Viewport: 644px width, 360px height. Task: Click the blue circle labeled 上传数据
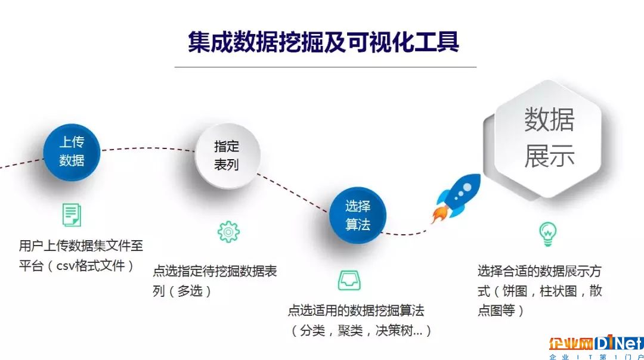pyautogui.click(x=72, y=152)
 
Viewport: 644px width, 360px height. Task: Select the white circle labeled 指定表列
pyautogui.click(x=227, y=156)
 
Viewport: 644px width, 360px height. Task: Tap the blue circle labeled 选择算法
pyautogui.click(x=358, y=215)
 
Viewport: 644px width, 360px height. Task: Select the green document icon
pyautogui.click(x=72, y=215)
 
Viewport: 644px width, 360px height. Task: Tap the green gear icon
pyautogui.click(x=228, y=232)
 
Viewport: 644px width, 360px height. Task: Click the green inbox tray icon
pyautogui.click(x=349, y=280)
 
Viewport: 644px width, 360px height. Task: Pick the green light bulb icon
pyautogui.click(x=548, y=234)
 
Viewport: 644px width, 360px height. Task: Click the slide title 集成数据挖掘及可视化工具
pyautogui.click(x=324, y=42)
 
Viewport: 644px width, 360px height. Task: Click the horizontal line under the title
pyautogui.click(x=326, y=67)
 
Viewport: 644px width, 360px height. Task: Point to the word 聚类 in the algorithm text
pyautogui.click(x=350, y=330)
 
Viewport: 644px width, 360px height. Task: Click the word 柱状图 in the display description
pyautogui.click(x=558, y=291)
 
